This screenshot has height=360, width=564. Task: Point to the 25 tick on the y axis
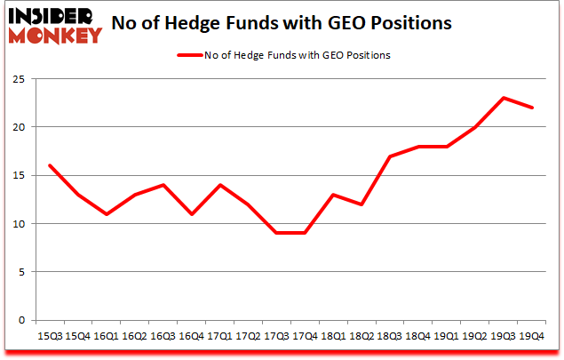(x=19, y=78)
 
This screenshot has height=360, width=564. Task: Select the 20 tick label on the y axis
(x=19, y=127)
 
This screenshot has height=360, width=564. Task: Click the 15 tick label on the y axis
(x=19, y=175)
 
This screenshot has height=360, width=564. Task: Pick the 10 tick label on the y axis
(x=19, y=223)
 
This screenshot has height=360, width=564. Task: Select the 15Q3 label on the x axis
(x=49, y=336)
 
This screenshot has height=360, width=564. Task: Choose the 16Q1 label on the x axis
(x=106, y=336)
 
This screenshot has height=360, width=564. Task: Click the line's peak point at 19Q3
(x=504, y=98)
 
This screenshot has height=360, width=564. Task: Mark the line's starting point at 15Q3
(x=49, y=165)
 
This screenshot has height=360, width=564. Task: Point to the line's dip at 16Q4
(x=191, y=213)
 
